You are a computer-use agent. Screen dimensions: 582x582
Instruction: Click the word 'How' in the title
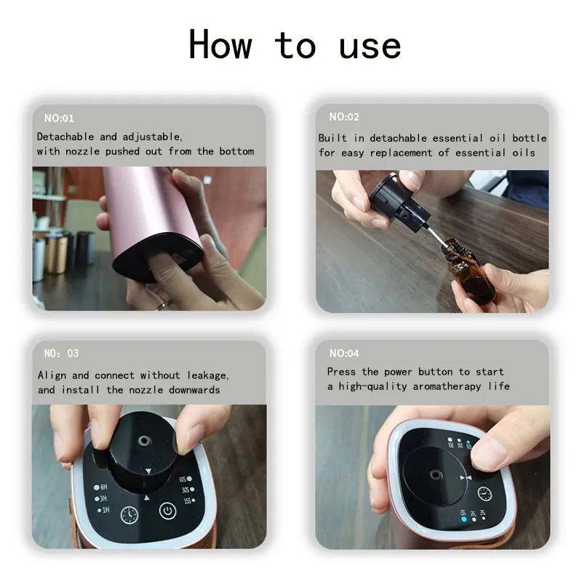coord(220,44)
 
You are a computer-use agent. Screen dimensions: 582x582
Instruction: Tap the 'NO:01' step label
coord(59,118)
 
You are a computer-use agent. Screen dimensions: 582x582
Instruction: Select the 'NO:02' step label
coord(344,117)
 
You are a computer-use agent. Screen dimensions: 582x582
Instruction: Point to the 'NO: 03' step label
coord(61,353)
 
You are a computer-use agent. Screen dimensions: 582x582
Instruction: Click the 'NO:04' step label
coord(344,353)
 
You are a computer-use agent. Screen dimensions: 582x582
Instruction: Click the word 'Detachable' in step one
coord(65,137)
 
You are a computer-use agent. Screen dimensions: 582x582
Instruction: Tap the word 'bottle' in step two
coord(530,138)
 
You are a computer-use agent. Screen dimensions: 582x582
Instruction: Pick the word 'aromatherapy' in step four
coord(447,387)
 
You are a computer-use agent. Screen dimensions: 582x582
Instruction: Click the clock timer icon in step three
coord(129,515)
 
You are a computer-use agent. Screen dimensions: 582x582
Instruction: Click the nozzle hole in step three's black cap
coord(144,441)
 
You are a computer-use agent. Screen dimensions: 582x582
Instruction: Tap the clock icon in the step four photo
coord(485,494)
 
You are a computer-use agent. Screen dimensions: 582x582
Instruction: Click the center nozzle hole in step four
coord(435,475)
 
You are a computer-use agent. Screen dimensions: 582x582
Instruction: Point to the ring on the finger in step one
coord(162,306)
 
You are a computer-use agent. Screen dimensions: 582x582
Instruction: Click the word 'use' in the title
coord(370,47)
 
